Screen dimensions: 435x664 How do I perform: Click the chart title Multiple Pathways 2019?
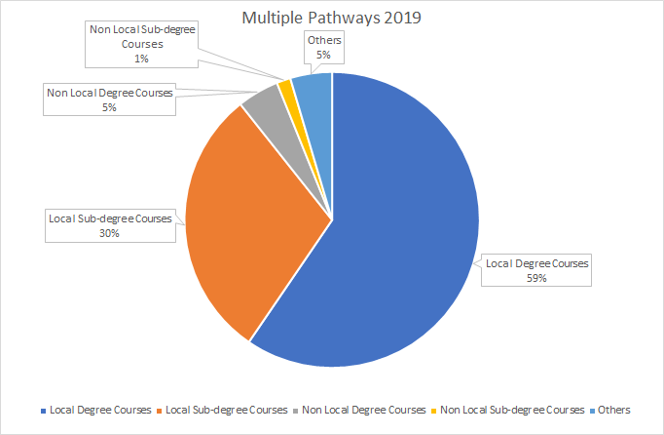click(x=332, y=20)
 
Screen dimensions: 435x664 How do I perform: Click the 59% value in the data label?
click(x=537, y=278)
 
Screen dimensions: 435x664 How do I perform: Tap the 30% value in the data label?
click(x=110, y=233)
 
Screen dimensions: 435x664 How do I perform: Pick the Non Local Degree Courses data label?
click(x=109, y=99)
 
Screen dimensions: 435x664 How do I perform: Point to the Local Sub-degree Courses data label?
click(x=110, y=225)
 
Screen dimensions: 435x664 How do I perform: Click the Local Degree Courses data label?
click(x=537, y=270)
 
